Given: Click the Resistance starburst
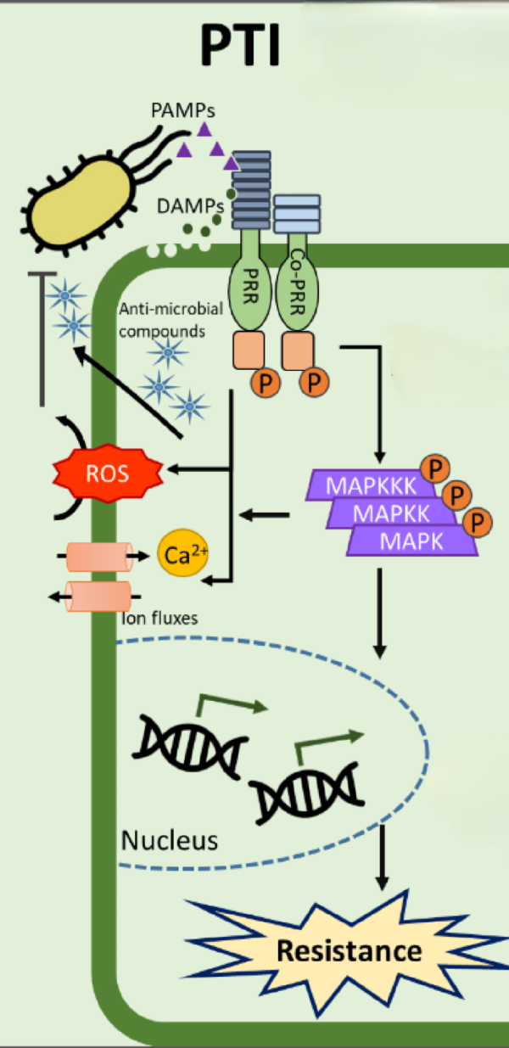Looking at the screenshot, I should click(348, 950).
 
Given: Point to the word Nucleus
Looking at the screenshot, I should click(170, 840).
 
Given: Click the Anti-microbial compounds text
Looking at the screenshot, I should click(161, 322).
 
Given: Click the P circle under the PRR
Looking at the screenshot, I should click(262, 383).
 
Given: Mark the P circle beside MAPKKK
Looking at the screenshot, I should click(435, 468).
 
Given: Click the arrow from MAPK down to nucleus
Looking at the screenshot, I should click(379, 611).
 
